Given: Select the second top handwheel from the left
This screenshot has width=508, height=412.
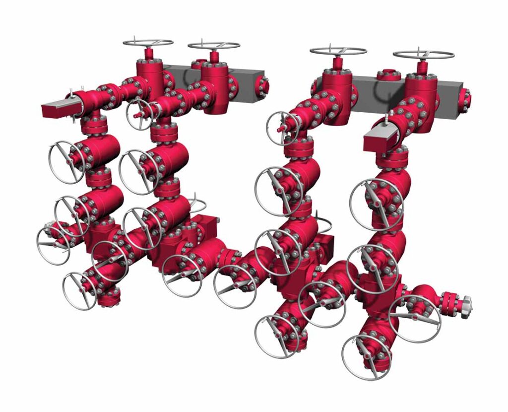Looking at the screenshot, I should coord(213,45).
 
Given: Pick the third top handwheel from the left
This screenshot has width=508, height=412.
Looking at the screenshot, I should coord(338,51).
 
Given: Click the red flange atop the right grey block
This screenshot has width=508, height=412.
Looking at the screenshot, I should coord(388,75).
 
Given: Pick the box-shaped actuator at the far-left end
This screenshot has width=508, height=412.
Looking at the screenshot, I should coord(57,109).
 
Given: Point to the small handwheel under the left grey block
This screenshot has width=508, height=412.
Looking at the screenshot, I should coord(141,112).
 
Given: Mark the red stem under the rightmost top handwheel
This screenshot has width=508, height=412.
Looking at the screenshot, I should coord(423,67).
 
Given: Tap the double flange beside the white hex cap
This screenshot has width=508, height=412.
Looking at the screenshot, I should coord(448,300).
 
